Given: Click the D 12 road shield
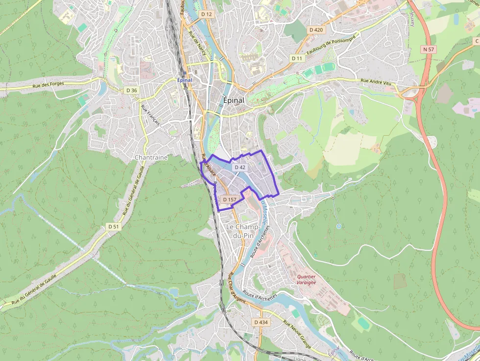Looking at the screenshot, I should coord(207,14).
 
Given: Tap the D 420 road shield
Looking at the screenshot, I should coord(316,30).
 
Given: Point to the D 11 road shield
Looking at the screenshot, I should coord(297,58).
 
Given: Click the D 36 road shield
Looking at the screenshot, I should coord(131,90).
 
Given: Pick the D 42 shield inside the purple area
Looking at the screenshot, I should coord(240,167).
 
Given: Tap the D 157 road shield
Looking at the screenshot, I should coord(229,199).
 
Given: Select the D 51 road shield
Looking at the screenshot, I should coord(113,226).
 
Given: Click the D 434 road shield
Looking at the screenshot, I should coord(261,322).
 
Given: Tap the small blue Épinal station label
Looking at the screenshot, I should coord(185,80).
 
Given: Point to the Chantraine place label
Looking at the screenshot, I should coord(151,158).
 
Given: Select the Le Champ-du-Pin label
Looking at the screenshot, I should coord(243,231).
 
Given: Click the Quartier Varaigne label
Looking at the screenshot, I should coord(306,279).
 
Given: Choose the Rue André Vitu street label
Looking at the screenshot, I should coord(376,82).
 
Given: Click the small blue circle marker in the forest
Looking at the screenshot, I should coord(338,226).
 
